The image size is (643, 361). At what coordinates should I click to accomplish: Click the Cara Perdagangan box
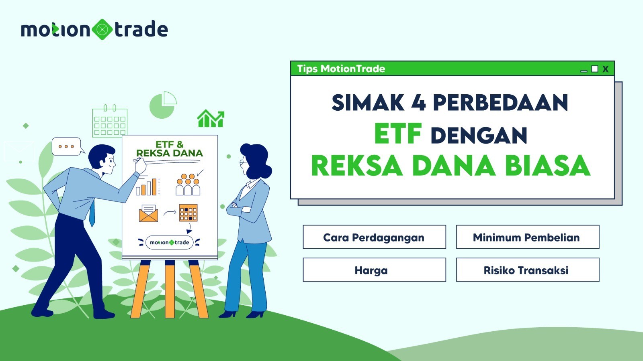tap(374, 237)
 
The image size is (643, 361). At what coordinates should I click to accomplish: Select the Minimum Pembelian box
tap(528, 237)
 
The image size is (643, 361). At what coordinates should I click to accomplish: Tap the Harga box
tap(374, 270)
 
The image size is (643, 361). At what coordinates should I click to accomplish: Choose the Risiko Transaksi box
tap(528, 270)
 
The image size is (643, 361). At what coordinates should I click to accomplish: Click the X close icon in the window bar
tap(605, 69)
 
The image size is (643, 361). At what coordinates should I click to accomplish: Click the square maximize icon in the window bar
tap(594, 69)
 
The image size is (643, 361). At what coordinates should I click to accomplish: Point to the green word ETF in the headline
tap(398, 134)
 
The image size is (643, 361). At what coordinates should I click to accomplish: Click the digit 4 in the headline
tap(418, 102)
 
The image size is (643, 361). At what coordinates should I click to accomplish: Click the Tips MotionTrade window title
tap(341, 69)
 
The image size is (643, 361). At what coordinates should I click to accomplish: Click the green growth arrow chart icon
tap(211, 118)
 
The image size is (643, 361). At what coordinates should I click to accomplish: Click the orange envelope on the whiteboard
tap(148, 213)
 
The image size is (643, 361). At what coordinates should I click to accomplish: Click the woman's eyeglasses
tap(244, 162)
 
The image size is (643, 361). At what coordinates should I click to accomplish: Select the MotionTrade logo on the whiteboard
tap(169, 242)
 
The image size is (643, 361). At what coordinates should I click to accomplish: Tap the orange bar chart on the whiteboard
tap(146, 187)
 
